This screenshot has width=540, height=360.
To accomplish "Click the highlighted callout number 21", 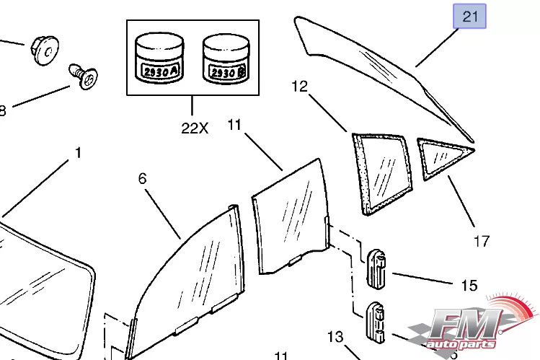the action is tap(469, 16).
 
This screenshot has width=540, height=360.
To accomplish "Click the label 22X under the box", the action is tap(194, 128).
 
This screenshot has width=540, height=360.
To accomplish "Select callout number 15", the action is tap(469, 286).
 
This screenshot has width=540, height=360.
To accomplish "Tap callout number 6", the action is tap(142, 177).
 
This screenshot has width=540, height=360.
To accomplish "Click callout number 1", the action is tap(78, 153).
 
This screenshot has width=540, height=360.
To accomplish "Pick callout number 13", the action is tap(336, 337).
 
